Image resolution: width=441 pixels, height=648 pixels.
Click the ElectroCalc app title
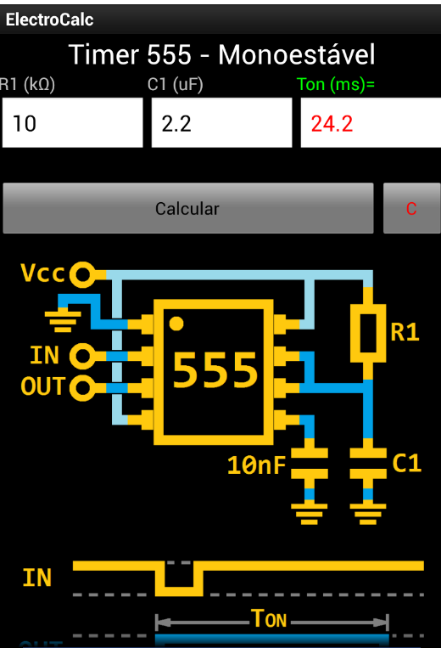click(x=50, y=20)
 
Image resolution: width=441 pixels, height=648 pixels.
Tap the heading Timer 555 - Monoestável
click(x=221, y=55)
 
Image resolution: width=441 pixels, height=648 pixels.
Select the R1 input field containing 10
click(x=72, y=123)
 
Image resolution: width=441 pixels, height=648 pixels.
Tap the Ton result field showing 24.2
click(x=370, y=123)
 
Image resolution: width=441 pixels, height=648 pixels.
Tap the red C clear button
click(x=411, y=208)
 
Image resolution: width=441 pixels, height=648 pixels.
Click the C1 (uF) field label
click(x=175, y=85)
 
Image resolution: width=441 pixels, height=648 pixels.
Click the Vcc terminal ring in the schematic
click(x=82, y=273)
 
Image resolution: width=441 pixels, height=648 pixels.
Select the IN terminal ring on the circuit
click(x=82, y=354)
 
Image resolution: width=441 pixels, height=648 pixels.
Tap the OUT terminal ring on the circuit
click(x=82, y=387)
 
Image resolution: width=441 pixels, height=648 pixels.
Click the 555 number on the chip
click(x=215, y=370)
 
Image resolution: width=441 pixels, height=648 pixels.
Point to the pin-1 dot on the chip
click(x=176, y=323)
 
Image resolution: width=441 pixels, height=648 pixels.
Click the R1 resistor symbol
click(x=368, y=333)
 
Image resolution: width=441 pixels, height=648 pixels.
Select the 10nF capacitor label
click(x=257, y=465)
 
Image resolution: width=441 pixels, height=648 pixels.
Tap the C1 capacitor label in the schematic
click(x=406, y=463)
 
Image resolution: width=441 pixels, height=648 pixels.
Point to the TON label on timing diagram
click(x=271, y=618)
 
